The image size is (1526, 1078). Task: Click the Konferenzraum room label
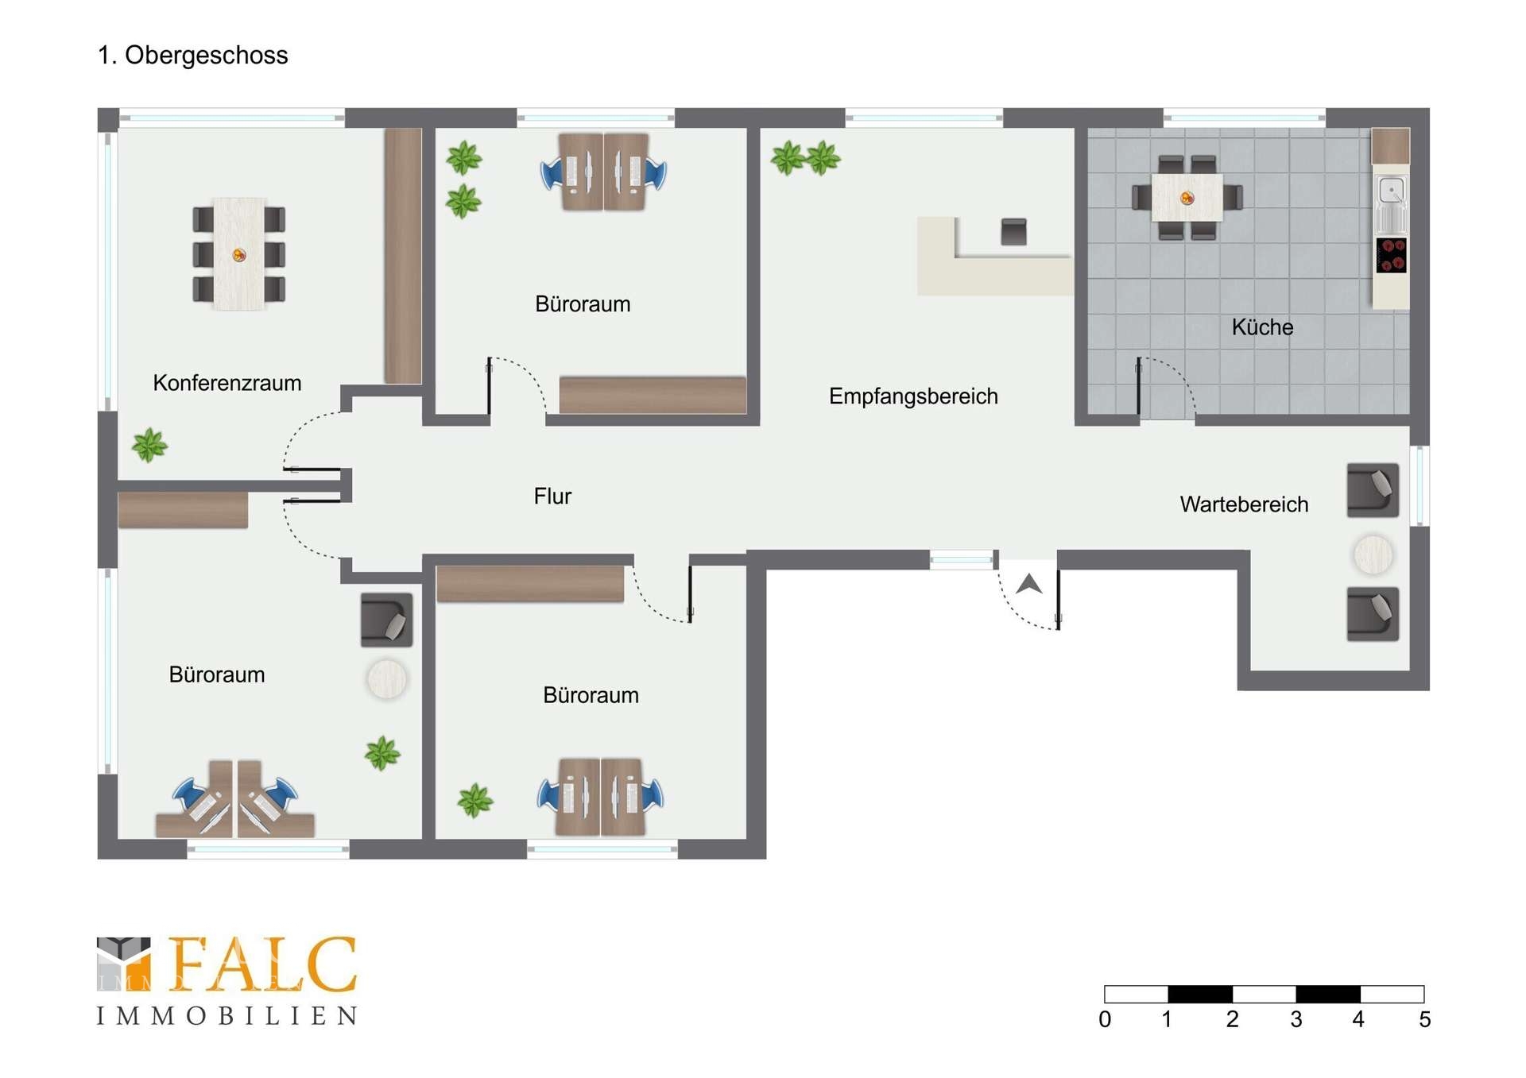point(227,383)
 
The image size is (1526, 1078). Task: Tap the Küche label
point(1262,326)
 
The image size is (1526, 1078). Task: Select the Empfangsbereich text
point(913,396)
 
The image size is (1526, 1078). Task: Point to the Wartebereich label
point(1244,504)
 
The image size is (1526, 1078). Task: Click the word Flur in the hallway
point(552,496)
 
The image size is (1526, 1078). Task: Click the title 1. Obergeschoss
point(192,56)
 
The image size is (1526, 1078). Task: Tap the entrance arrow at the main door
point(1029,584)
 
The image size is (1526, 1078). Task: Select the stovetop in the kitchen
point(1391,255)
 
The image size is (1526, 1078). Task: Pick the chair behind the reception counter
point(1013,231)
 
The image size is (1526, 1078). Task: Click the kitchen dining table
point(1187,198)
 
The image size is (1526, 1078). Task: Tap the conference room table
point(238,254)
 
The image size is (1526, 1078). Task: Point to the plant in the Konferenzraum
point(149,445)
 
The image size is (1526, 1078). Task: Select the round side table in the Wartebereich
point(1373,554)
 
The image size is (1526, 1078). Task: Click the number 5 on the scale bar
point(1424,1019)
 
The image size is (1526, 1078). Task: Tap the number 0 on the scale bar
point(1105,1019)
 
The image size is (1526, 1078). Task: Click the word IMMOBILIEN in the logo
point(227,1016)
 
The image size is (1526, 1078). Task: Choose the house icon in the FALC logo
point(123,964)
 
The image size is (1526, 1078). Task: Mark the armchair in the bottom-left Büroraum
point(386,620)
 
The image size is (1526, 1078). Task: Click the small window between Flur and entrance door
point(962,561)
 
